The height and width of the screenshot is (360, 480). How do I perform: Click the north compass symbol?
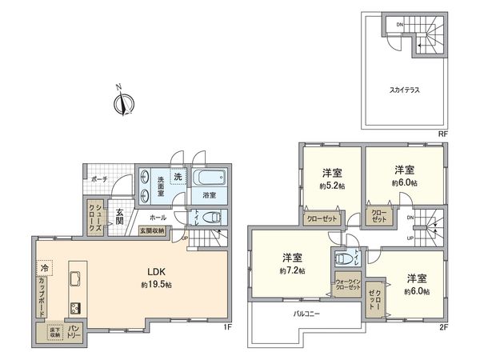pos(123,102)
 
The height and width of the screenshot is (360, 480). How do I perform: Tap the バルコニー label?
pos(306,314)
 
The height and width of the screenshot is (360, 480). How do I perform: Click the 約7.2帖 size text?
pos(292,271)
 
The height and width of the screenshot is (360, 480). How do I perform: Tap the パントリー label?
pos(71,329)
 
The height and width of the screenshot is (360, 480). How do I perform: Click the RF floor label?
pos(442,135)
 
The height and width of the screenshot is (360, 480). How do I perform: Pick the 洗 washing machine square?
pos(178,176)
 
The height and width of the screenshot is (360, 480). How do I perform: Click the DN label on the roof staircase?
pos(399,24)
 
